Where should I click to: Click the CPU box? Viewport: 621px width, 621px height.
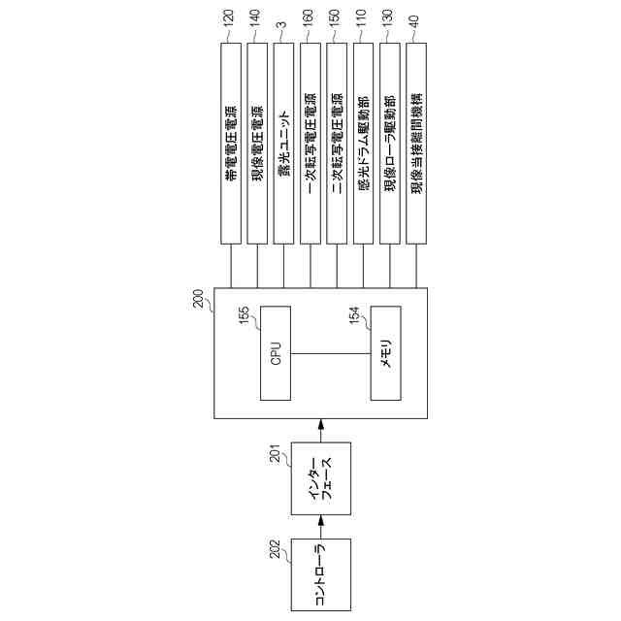coord(275,353)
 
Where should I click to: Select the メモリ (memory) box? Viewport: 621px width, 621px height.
coord(385,353)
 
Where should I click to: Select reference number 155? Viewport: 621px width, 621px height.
coord(245,316)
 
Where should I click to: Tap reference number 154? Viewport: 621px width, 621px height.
coord(355,316)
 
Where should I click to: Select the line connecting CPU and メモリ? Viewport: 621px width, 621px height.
coord(330,353)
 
